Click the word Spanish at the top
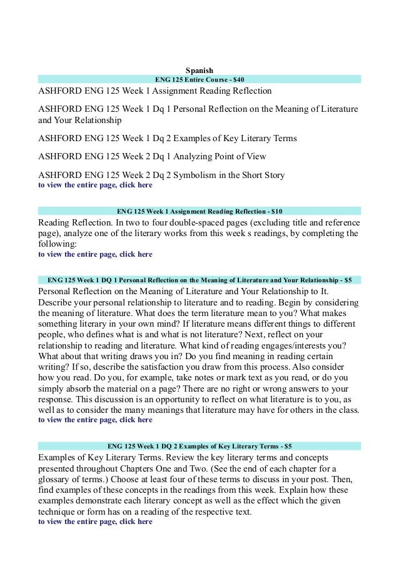(x=199, y=70)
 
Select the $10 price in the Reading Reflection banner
(x=275, y=210)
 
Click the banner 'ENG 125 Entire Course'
(x=199, y=79)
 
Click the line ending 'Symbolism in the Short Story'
(x=161, y=176)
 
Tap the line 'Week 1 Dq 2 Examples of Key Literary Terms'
(x=167, y=138)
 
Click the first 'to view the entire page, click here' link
(x=95, y=185)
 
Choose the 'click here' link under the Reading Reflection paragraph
(x=136, y=254)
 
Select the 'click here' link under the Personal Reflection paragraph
(x=136, y=420)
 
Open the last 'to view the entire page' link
(x=95, y=521)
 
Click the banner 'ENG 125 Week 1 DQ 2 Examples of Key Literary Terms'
(x=199, y=446)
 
